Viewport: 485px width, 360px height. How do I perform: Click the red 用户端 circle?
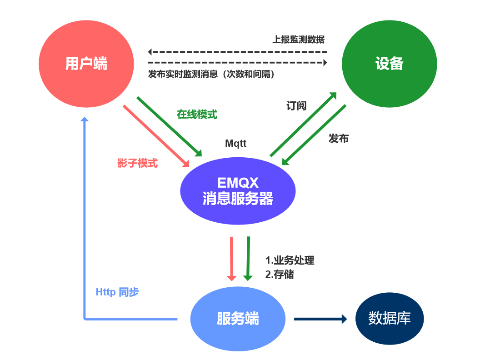click(86, 64)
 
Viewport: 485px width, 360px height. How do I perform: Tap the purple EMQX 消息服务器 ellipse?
click(238, 191)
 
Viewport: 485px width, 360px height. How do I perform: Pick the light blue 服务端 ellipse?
click(238, 319)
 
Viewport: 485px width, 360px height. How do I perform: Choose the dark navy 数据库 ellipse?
click(390, 318)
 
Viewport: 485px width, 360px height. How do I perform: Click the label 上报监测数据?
click(298, 39)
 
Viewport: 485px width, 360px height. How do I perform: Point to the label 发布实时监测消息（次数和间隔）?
click(211, 74)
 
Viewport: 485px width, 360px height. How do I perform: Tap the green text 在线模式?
click(197, 115)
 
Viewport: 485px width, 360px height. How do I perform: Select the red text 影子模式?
click(137, 163)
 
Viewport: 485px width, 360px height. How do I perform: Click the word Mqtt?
click(236, 144)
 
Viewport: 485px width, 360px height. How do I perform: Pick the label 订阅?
click(296, 106)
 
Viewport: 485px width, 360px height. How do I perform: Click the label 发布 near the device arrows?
click(339, 139)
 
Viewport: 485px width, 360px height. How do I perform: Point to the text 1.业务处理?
click(290, 260)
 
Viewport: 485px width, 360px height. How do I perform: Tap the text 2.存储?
click(280, 275)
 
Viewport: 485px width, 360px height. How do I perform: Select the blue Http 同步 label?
click(117, 292)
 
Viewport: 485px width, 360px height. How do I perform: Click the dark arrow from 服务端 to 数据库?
click(320, 319)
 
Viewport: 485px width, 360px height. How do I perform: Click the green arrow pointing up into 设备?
click(304, 124)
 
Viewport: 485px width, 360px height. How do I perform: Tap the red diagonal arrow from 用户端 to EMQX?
click(156, 136)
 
